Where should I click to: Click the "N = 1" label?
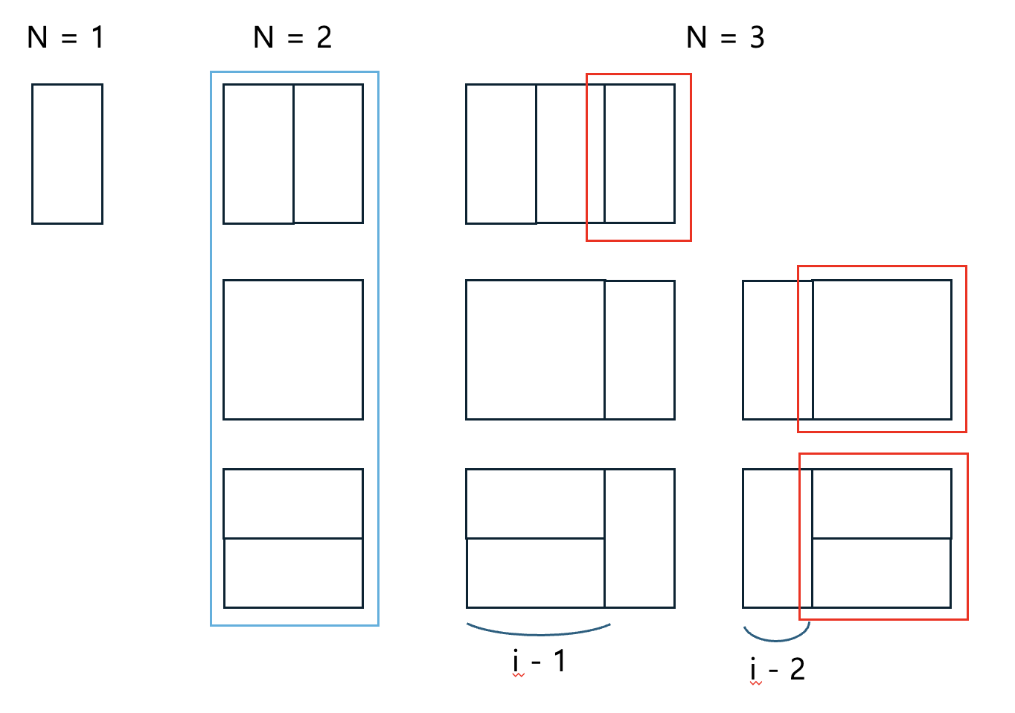(65, 37)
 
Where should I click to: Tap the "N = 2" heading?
(292, 37)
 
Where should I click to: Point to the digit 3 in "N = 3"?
(757, 37)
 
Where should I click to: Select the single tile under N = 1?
(67, 154)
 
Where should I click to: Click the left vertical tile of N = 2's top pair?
(258, 154)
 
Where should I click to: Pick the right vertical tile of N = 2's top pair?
(328, 154)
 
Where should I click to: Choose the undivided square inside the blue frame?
(293, 350)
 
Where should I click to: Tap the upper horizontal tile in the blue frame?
(293, 503)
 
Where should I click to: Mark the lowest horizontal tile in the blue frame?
(293, 573)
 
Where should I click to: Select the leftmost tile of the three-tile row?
(501, 154)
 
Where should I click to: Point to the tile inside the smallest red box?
(639, 154)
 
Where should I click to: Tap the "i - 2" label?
(777, 669)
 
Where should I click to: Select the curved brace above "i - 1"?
(539, 632)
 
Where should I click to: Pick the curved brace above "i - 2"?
(776, 637)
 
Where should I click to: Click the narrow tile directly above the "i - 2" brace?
(777, 538)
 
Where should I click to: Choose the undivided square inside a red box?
(882, 350)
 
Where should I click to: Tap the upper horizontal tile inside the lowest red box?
(882, 503)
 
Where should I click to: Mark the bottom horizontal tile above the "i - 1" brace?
(535, 573)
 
